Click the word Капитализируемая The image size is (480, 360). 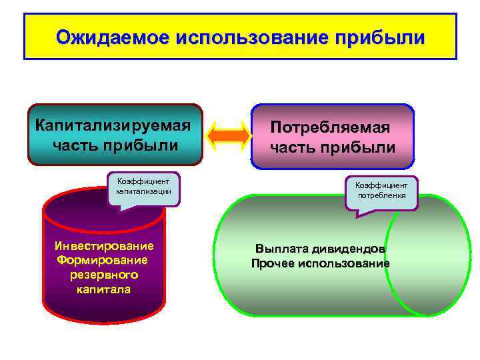pyautogui.click(x=114, y=125)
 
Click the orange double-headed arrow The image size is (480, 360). pyautogui.click(x=229, y=135)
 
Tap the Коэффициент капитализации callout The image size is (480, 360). pyautogui.click(x=143, y=187)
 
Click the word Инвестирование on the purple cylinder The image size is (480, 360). pyautogui.click(x=104, y=245)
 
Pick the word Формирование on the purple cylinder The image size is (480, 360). pyautogui.click(x=103, y=259)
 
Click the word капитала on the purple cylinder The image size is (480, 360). pyautogui.click(x=103, y=289)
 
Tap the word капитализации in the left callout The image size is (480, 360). pyautogui.click(x=143, y=191)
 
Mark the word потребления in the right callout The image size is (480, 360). pyautogui.click(x=381, y=197)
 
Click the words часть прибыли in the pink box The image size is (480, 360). pyautogui.click(x=333, y=147)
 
